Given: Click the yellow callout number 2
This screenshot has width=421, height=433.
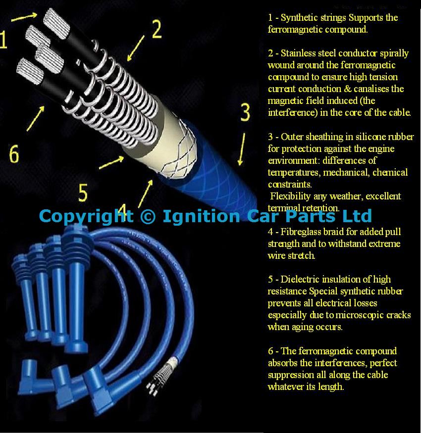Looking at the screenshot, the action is (x=157, y=29).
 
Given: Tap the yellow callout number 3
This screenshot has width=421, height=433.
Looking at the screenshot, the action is (x=245, y=112).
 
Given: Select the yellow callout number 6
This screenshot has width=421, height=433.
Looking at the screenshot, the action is (x=14, y=154).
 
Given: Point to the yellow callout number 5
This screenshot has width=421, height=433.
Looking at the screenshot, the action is (x=83, y=192).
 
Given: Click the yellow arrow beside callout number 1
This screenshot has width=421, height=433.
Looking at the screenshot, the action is (x=24, y=17).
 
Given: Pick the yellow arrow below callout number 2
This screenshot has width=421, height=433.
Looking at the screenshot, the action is (x=136, y=48).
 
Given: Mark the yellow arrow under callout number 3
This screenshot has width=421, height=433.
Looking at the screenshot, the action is (x=242, y=149).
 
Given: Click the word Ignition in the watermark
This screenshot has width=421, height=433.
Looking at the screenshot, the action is (x=201, y=216).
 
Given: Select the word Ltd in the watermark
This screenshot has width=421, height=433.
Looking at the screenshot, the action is (x=357, y=216).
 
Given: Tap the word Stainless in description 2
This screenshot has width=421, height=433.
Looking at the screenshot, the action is (x=299, y=53).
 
